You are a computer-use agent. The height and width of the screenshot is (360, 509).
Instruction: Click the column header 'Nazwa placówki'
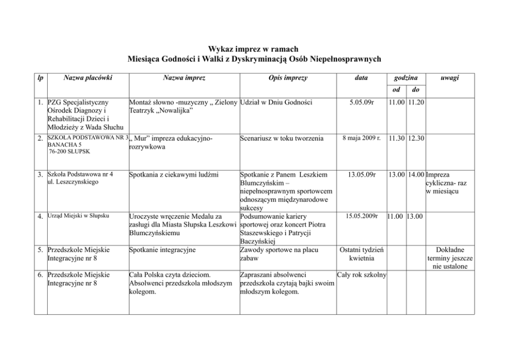(88, 78)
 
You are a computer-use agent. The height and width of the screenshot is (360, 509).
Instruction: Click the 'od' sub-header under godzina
(397, 89)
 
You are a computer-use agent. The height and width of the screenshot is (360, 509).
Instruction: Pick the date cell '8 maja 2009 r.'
(361, 138)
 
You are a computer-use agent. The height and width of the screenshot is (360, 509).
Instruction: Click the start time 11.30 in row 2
(397, 139)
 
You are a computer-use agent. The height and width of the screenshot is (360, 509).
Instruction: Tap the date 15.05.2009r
(361, 215)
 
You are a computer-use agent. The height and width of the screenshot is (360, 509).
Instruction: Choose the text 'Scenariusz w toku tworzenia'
(282, 139)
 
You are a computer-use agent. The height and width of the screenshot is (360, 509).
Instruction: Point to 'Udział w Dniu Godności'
(276, 103)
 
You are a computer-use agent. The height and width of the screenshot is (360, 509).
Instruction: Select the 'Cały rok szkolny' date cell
(361, 275)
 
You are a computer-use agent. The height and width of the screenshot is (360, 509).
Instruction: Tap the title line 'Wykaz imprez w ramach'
(253, 49)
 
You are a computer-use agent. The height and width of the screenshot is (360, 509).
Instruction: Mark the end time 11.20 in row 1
(416, 103)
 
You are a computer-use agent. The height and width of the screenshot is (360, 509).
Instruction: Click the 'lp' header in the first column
(40, 78)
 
